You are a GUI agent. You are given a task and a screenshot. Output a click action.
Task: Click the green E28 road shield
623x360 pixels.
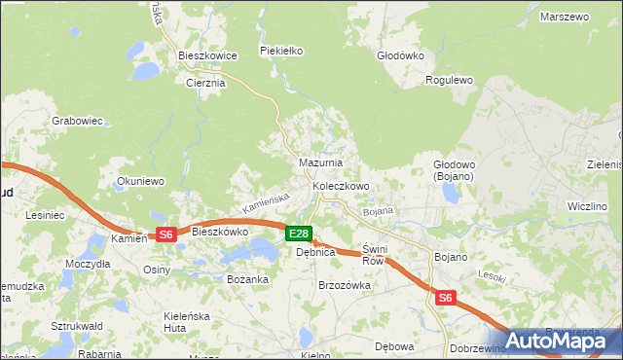pos(299,234)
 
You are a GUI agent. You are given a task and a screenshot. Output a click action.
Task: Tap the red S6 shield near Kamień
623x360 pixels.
pos(165,234)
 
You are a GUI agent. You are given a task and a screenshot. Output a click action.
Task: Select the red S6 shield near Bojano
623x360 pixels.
pos(445,299)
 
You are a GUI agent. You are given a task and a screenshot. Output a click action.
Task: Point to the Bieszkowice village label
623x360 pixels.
pos(208,55)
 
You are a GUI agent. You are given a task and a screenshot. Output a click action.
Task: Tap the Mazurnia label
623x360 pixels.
pos(319,162)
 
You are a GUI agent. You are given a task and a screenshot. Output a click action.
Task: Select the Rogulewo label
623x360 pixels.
pos(449,81)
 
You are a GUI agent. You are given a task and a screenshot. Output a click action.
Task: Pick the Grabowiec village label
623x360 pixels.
pos(77,122)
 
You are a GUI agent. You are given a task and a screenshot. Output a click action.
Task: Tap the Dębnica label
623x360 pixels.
pos(315,252)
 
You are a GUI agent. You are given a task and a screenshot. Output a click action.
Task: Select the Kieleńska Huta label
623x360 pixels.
pos(162,322)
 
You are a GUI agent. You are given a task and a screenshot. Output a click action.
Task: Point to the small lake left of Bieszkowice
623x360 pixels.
pos(147,71)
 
